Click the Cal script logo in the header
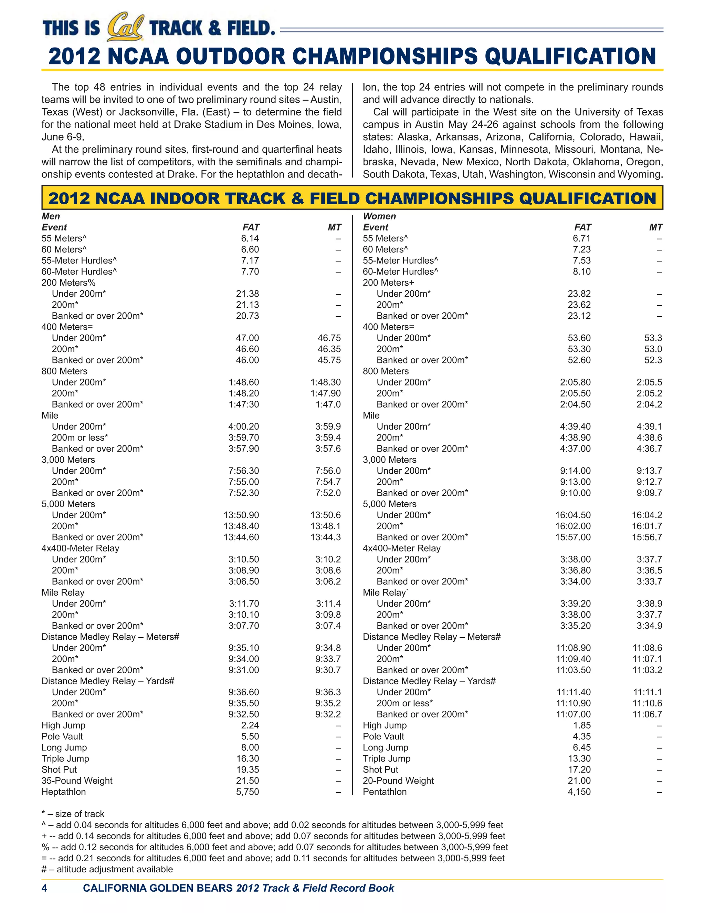[125, 28]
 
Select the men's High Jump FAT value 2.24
[250, 725]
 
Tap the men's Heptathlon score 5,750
[247, 792]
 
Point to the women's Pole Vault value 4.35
[582, 736]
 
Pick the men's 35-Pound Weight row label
[77, 780]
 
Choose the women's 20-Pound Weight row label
[398, 780]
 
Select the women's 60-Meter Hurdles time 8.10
[582, 271]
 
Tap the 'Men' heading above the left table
[51, 216]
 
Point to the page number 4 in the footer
[44, 888]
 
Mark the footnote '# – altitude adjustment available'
[107, 869]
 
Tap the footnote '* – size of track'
[73, 813]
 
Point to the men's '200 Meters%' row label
[68, 283]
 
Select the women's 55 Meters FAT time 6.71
[582, 238]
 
